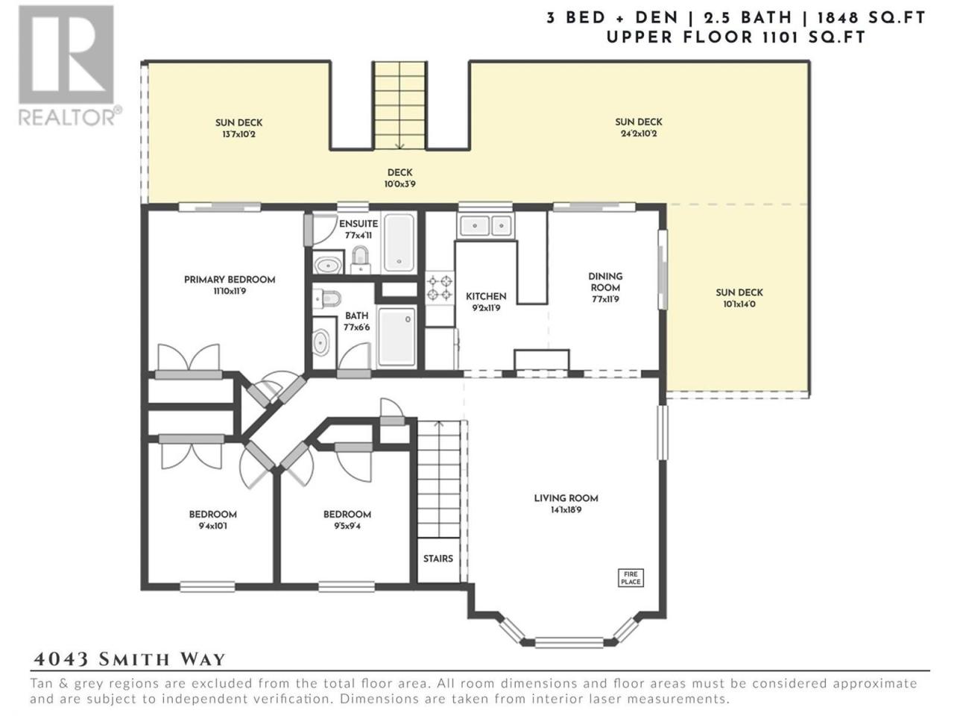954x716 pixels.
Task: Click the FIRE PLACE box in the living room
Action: click(631, 578)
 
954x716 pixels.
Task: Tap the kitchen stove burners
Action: click(440, 288)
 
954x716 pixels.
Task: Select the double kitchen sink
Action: click(485, 226)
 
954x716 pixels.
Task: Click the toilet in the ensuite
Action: click(360, 260)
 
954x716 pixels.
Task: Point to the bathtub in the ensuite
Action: click(399, 242)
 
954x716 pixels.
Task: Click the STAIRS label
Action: click(438, 559)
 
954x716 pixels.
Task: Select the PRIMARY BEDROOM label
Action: click(230, 280)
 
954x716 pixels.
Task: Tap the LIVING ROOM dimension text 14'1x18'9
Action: click(566, 510)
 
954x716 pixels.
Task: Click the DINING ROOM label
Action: click(605, 282)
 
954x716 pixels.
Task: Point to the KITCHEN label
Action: click(486, 297)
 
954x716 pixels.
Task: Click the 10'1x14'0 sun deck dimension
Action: click(739, 304)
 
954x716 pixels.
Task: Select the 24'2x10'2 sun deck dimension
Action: click(639, 134)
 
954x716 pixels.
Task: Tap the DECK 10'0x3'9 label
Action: click(399, 178)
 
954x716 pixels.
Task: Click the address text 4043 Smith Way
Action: click(130, 659)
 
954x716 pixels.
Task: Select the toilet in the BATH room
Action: click(326, 298)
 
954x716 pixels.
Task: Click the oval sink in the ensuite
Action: click(328, 264)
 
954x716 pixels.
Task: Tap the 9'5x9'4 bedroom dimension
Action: click(347, 526)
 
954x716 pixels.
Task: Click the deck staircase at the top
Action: click(399, 106)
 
